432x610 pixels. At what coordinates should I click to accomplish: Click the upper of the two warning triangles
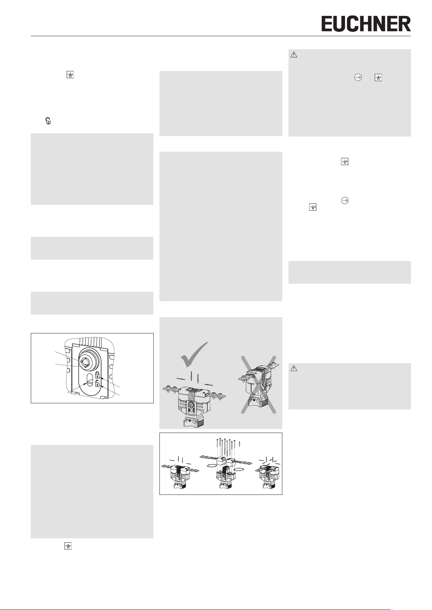click(x=294, y=55)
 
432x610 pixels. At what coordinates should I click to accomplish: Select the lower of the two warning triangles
click(x=294, y=369)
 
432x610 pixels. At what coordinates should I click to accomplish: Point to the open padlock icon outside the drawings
click(x=48, y=121)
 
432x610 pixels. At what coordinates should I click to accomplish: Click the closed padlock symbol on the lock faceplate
click(x=97, y=375)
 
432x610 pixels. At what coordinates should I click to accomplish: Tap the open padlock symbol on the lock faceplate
click(x=97, y=384)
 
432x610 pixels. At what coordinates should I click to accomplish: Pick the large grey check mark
click(x=194, y=354)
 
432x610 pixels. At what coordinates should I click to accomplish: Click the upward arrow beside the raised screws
click(x=239, y=443)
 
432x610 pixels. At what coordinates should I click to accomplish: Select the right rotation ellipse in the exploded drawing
click(x=239, y=469)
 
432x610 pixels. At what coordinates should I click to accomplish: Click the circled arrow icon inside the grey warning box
click(x=358, y=77)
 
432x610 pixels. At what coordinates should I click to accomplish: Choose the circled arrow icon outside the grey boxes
click(x=345, y=201)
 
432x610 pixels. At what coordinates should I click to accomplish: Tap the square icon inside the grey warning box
click(x=378, y=77)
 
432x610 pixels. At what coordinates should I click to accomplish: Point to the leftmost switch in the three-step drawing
click(x=179, y=476)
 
